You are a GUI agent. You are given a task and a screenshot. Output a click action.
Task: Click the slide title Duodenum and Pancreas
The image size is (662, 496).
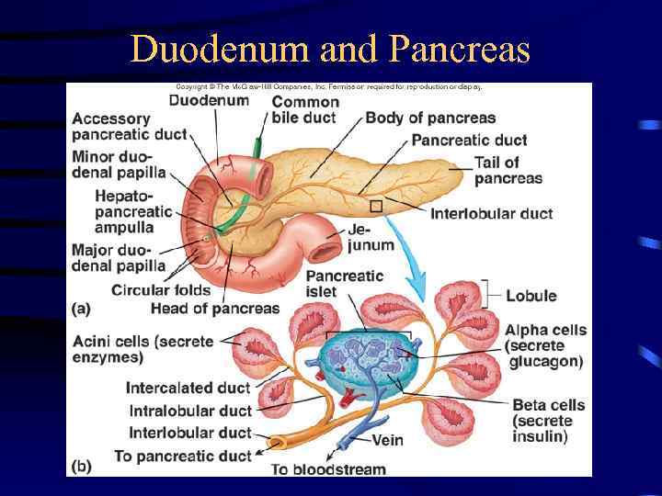click(x=331, y=49)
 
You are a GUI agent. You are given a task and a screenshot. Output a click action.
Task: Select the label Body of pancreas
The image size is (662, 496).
click(x=430, y=118)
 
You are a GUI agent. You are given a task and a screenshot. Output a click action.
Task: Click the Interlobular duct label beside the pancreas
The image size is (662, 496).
click(x=492, y=214)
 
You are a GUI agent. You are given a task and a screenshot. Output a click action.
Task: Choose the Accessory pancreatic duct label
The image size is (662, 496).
click(x=129, y=126)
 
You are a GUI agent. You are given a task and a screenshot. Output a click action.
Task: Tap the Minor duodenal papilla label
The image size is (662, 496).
click(x=119, y=163)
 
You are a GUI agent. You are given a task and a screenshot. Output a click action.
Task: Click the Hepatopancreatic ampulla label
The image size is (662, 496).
click(x=133, y=211)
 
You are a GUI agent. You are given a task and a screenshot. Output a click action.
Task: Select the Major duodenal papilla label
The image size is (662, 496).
click(x=119, y=257)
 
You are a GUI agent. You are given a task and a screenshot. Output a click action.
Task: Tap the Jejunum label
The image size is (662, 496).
click(x=371, y=237)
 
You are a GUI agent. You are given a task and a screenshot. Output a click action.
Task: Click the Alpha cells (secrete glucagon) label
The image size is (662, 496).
click(x=544, y=345)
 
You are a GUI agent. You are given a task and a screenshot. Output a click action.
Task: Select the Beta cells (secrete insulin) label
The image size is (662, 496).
click(x=548, y=421)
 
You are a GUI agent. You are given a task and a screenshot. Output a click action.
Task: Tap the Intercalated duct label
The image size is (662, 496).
click(x=188, y=389)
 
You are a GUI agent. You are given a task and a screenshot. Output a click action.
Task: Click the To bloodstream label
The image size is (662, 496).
click(x=328, y=469)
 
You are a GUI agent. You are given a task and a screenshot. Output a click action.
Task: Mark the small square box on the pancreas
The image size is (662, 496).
click(x=375, y=206)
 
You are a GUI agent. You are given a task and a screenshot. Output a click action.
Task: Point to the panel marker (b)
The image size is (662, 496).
click(x=81, y=466)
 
